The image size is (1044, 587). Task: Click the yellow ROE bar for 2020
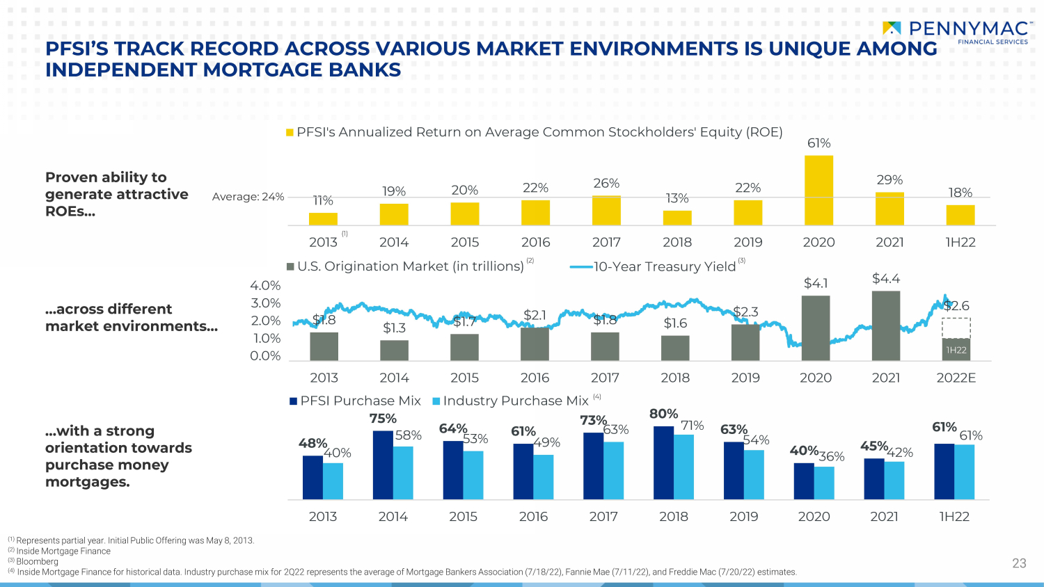819,191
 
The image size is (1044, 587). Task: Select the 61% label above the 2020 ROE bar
819,143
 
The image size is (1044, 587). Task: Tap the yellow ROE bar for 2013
323,219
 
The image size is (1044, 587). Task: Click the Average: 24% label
248,197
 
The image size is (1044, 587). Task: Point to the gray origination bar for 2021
886,325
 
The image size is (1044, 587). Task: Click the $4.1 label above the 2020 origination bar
816,283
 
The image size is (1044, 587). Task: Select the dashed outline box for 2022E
956,328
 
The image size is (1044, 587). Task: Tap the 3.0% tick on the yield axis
266,303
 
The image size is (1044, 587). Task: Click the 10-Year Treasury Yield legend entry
657,266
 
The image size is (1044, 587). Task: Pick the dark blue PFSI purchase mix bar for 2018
664,463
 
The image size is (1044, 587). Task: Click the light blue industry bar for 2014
403,473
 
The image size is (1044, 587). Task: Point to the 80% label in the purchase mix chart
664,414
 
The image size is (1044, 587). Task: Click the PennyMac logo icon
892,29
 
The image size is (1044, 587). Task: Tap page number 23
1020,563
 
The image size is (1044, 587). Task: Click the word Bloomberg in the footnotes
38,561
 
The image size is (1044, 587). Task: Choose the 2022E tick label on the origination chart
956,378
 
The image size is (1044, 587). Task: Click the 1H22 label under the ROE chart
960,242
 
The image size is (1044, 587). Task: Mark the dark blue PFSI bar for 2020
804,481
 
